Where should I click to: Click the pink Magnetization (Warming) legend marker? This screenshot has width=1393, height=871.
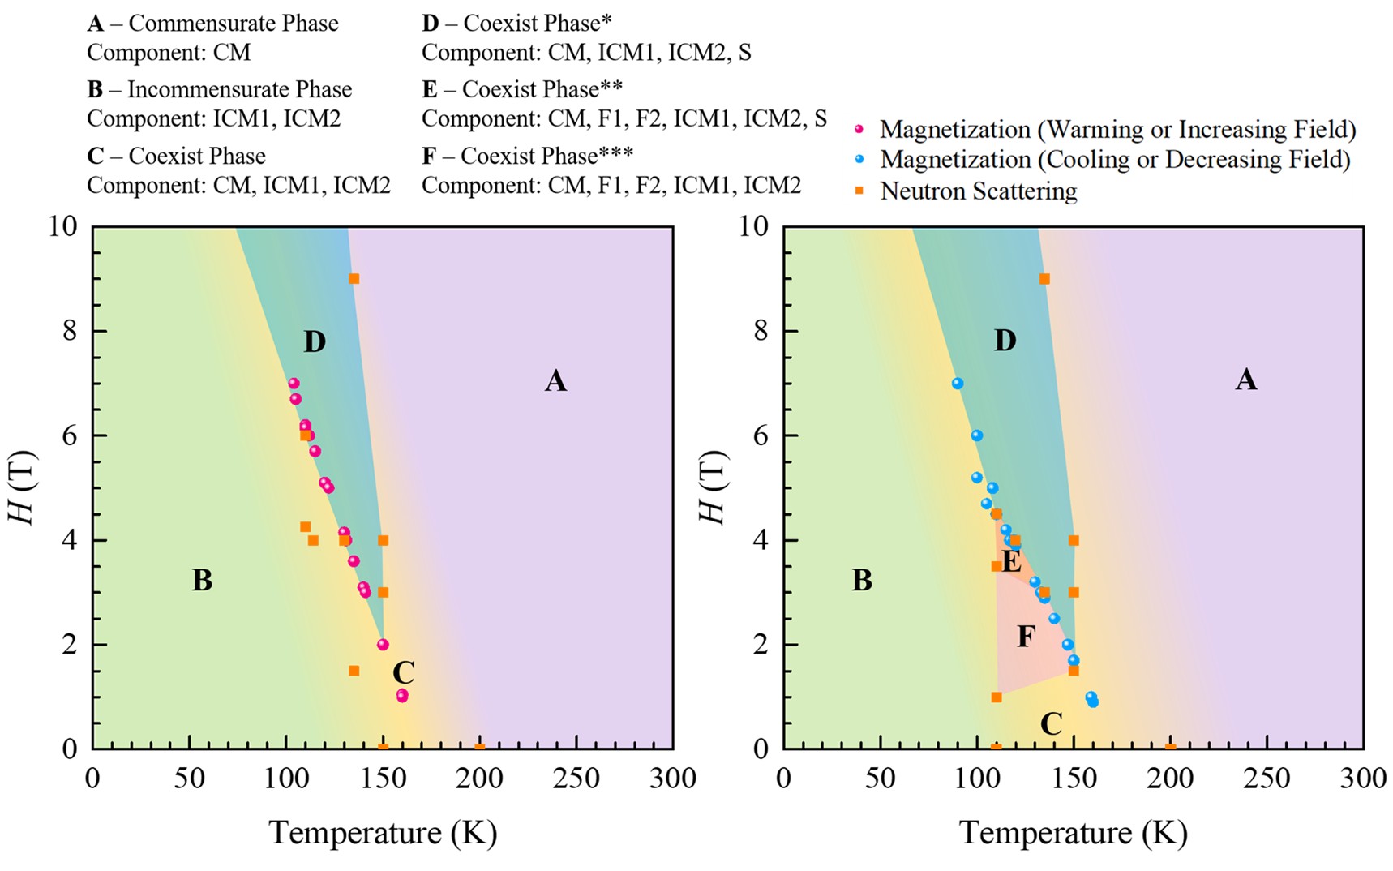(859, 130)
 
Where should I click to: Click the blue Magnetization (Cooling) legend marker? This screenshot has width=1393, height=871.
(859, 160)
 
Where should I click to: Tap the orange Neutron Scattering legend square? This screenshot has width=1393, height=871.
(859, 191)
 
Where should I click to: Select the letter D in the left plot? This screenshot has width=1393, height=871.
(315, 342)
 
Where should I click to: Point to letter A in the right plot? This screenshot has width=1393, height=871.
(1245, 380)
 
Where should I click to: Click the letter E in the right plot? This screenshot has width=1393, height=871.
(1011, 561)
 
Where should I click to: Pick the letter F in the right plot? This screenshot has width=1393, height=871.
(1026, 637)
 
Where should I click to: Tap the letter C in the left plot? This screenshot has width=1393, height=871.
(403, 673)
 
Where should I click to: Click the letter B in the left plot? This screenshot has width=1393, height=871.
(202, 581)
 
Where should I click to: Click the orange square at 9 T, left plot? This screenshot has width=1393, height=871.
(354, 279)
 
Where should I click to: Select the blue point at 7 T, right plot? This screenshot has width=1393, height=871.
(958, 384)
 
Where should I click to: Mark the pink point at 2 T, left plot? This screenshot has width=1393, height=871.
(383, 645)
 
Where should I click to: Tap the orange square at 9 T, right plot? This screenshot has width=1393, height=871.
(1044, 279)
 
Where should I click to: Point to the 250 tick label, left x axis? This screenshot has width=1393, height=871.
(576, 779)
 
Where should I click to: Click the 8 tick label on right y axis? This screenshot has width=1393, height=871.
(760, 331)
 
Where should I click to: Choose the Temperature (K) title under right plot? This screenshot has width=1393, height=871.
(1073, 833)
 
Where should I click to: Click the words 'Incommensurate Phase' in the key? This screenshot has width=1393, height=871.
(239, 89)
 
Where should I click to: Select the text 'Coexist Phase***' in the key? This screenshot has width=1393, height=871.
(547, 156)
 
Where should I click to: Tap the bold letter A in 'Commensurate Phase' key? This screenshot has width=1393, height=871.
(96, 24)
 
